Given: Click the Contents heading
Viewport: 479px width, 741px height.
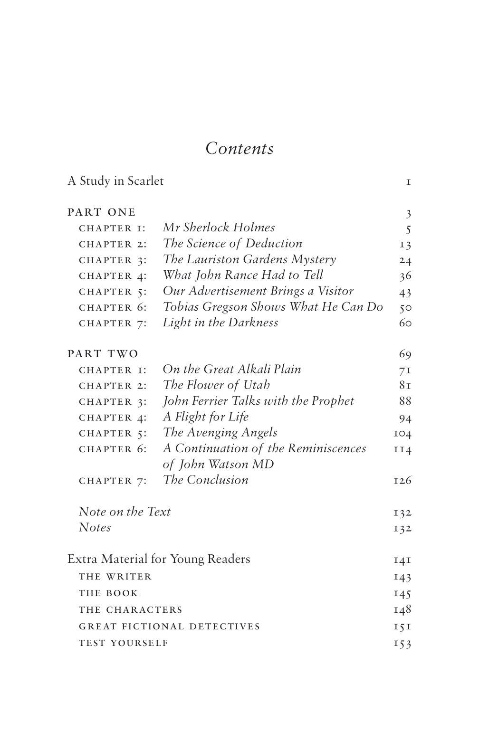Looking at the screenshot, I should [239, 149].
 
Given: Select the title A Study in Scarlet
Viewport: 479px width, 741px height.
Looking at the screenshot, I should [115, 181].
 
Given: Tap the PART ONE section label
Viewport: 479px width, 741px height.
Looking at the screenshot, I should [102, 212].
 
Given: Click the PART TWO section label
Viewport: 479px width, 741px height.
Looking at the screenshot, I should [103, 354].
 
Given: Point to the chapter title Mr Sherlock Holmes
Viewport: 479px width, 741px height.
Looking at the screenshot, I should [219, 228].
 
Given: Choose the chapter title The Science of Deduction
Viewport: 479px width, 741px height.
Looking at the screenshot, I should [232, 244].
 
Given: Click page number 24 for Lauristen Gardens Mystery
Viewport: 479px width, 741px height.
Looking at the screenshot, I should [405, 260].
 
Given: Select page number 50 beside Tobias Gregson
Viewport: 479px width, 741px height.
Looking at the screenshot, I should [405, 307].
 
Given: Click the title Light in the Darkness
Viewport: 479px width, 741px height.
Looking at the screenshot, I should [220, 323].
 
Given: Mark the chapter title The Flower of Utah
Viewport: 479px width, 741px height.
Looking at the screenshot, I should [216, 385].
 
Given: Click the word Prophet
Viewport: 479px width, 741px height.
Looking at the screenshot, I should [332, 401].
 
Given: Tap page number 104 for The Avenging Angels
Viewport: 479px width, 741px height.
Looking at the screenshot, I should [402, 433].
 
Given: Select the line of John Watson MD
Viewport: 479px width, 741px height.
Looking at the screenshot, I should [218, 464].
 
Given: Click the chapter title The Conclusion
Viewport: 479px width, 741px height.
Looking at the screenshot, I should [205, 480].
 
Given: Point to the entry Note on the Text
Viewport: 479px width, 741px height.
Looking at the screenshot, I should [125, 512].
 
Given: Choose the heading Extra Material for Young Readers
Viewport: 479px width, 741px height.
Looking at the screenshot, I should [159, 559].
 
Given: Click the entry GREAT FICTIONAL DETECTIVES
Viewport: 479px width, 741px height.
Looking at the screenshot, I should [169, 626].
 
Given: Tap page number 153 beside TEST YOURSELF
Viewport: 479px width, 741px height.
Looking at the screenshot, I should [402, 644].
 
